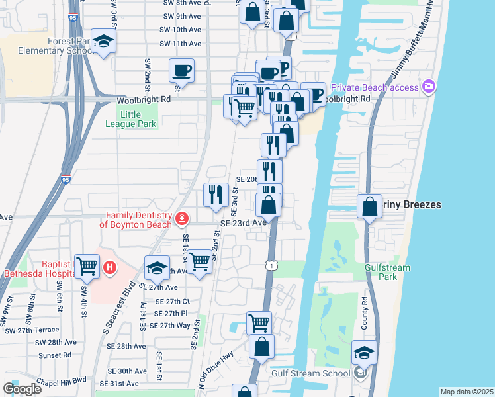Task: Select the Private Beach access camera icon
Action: coord(429,87)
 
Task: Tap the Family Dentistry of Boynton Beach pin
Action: coord(181,218)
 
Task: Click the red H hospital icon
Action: coord(109,269)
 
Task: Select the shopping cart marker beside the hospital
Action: coord(87,266)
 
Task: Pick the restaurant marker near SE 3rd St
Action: coord(216,195)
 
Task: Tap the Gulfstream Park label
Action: coord(387,272)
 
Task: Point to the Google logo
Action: coord(22,388)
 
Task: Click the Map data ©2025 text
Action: coord(467,392)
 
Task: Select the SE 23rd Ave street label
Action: coord(243,223)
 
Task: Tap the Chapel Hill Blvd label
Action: coord(63,379)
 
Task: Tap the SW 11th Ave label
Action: coord(180,44)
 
